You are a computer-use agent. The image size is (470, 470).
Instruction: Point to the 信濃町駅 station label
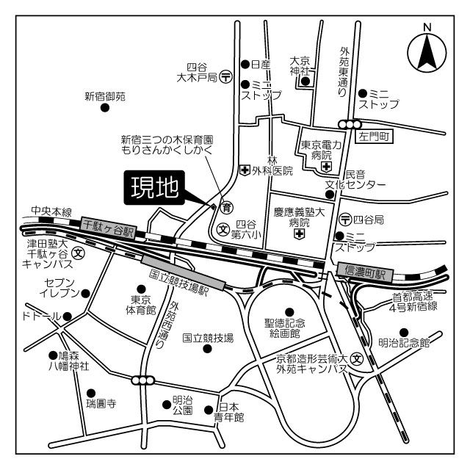tap(365, 272)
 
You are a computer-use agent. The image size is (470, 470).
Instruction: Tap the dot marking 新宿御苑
tap(104, 108)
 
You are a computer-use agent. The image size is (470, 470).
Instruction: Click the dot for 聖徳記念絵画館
tap(289, 311)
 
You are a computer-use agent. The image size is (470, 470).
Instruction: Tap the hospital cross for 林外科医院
tap(244, 170)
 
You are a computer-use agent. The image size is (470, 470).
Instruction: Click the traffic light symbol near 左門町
tap(349, 123)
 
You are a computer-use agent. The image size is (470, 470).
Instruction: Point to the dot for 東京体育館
tap(140, 289)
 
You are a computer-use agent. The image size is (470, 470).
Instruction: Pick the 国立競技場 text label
tap(209, 337)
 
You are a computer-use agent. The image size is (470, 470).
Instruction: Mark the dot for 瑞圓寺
tap(90, 392)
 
